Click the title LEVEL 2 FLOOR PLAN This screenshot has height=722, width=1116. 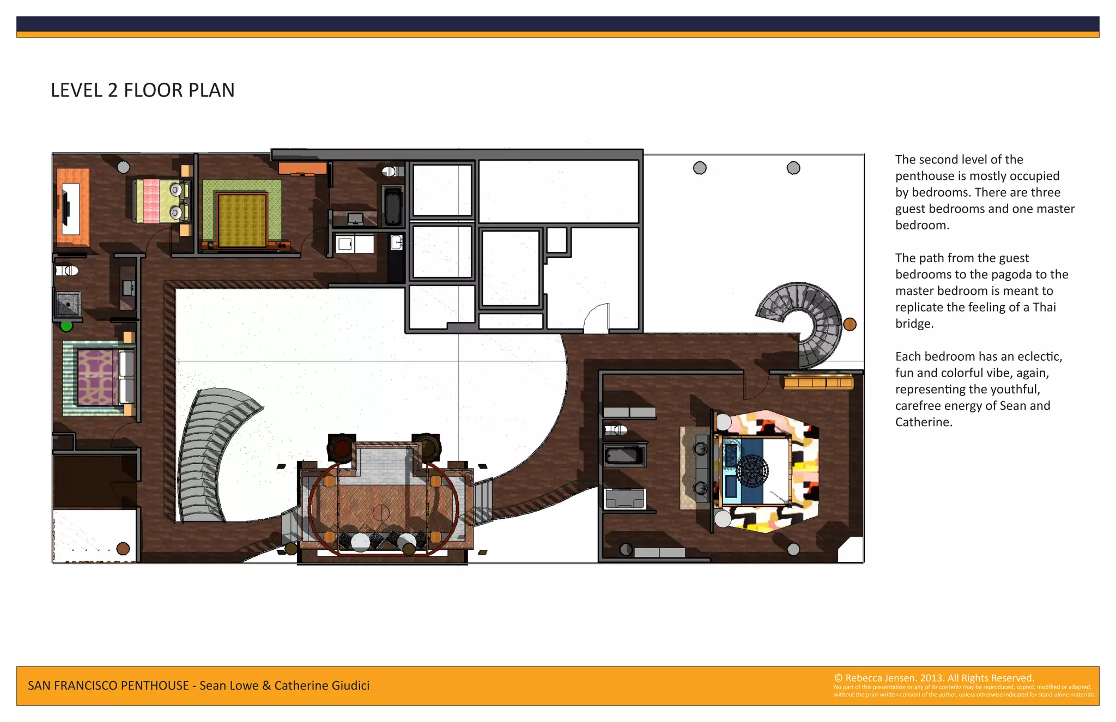click(142, 90)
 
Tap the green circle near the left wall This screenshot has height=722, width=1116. click(66, 326)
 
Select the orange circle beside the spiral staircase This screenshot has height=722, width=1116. click(850, 324)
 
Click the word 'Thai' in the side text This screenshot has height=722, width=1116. click(1044, 307)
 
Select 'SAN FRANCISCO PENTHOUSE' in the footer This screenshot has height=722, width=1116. click(108, 685)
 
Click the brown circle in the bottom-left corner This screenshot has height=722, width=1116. click(123, 548)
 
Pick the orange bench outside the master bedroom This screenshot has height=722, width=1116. click(818, 381)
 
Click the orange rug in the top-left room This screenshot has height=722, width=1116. click(74, 207)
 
